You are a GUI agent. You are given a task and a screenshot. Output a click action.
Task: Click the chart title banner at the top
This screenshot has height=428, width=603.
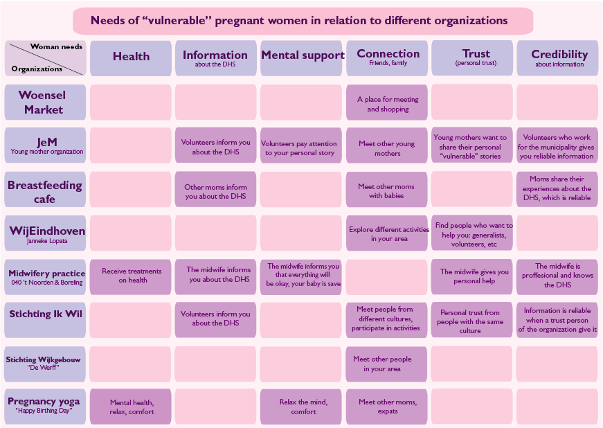[303, 21]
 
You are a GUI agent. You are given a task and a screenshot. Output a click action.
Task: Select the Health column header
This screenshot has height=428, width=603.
[131, 58]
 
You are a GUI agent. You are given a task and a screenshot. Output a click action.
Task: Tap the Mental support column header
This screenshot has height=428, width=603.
[301, 58]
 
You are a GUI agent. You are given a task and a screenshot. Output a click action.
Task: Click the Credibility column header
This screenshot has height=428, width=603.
[557, 58]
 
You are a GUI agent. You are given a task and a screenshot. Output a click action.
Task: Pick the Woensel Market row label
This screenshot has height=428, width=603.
[45, 102]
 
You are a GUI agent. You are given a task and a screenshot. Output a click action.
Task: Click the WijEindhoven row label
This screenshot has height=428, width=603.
[45, 233]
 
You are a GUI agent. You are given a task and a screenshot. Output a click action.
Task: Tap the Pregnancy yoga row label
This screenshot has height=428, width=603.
[45, 407]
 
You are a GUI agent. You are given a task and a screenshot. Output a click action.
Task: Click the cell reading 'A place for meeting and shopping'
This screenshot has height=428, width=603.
[387, 102]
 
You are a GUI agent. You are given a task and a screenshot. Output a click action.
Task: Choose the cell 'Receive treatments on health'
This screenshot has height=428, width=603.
[131, 277]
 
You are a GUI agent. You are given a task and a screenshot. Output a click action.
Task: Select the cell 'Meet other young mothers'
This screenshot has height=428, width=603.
[387, 145]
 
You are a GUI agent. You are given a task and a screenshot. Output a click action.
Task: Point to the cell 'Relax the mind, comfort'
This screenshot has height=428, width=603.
[301, 407]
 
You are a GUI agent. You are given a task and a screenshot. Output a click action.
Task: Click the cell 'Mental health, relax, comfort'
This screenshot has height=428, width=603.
[131, 407]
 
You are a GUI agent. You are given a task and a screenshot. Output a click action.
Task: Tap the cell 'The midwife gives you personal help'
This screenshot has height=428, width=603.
[472, 277]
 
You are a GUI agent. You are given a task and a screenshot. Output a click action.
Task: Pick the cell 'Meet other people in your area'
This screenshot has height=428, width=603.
[387, 364]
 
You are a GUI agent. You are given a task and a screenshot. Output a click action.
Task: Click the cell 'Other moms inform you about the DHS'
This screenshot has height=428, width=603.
[216, 189]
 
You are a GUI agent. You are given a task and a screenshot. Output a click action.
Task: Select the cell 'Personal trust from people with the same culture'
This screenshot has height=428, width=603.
[472, 320]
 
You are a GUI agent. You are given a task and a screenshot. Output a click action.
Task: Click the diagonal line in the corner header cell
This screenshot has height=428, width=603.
[46, 59]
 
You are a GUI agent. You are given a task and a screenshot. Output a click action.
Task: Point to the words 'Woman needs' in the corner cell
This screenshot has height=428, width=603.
[56, 46]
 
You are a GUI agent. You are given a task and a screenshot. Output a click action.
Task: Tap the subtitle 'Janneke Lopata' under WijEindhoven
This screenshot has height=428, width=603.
[47, 241]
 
